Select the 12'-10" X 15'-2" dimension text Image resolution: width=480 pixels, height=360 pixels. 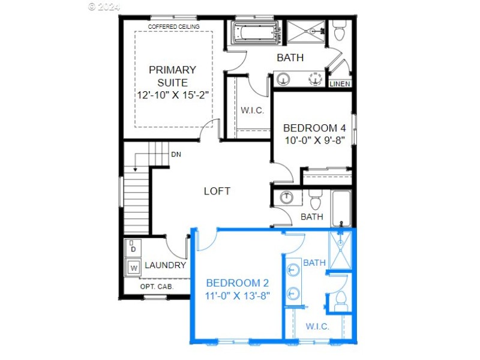point(172,95)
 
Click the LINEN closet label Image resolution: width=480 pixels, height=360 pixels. point(340,84)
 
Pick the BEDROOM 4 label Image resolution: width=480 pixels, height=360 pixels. point(314,128)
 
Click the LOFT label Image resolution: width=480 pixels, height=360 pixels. point(217,191)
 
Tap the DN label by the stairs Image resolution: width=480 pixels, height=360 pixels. point(176,155)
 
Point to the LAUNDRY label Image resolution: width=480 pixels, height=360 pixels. point(165,265)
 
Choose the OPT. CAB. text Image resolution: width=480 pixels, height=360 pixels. point(157,287)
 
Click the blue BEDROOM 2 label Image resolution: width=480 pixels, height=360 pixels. point(237,283)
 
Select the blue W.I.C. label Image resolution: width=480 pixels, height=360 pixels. point(317,326)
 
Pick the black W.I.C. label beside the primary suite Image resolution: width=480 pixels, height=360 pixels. point(253,110)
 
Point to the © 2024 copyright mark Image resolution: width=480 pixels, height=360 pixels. point(104,7)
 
